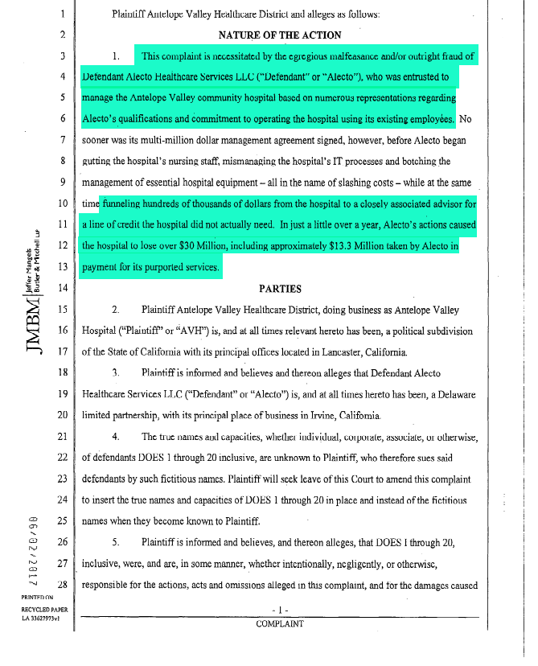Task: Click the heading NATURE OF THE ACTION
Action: pos(279,35)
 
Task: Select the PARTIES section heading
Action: pos(280,288)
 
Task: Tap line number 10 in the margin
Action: pos(61,204)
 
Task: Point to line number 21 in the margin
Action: pos(61,436)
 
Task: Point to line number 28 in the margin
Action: pos(61,583)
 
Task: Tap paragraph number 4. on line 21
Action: pos(116,436)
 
